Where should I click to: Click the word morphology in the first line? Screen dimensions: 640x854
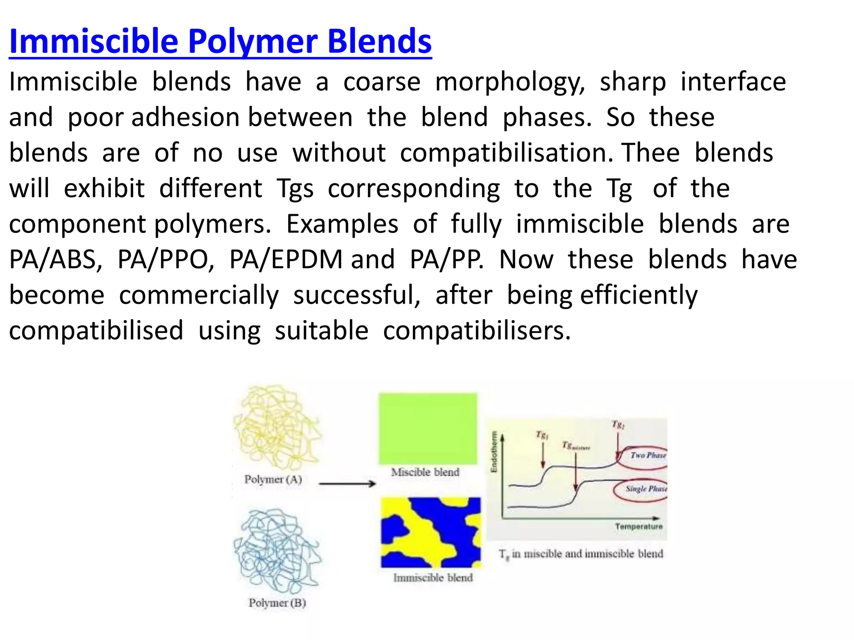pyautogui.click(x=510, y=82)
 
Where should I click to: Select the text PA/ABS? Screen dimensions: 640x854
pyautogui.click(x=55, y=260)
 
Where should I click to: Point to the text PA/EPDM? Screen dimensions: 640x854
pyautogui.click(x=286, y=260)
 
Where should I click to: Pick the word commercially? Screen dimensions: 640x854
pyautogui.click(x=198, y=295)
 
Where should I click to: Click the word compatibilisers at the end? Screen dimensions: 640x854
pyautogui.click(x=476, y=331)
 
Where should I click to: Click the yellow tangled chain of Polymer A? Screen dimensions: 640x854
pyautogui.click(x=276, y=427)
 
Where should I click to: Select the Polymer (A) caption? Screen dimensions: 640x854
pyautogui.click(x=273, y=480)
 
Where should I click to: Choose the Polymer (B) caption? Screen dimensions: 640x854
pyautogui.click(x=277, y=603)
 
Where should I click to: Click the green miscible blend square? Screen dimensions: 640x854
pyautogui.click(x=428, y=428)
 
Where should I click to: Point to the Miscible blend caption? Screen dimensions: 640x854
pyautogui.click(x=425, y=472)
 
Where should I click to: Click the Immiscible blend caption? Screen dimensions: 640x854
pyautogui.click(x=433, y=578)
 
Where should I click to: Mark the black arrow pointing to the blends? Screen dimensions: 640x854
pyautogui.click(x=347, y=484)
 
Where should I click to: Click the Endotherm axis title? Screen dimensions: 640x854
pyautogui.click(x=494, y=452)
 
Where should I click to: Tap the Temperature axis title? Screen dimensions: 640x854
pyautogui.click(x=638, y=527)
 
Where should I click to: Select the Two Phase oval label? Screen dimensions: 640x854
pyautogui.click(x=648, y=455)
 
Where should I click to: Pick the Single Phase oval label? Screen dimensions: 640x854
pyautogui.click(x=646, y=489)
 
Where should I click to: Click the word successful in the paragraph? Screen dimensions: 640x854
pyautogui.click(x=356, y=295)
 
